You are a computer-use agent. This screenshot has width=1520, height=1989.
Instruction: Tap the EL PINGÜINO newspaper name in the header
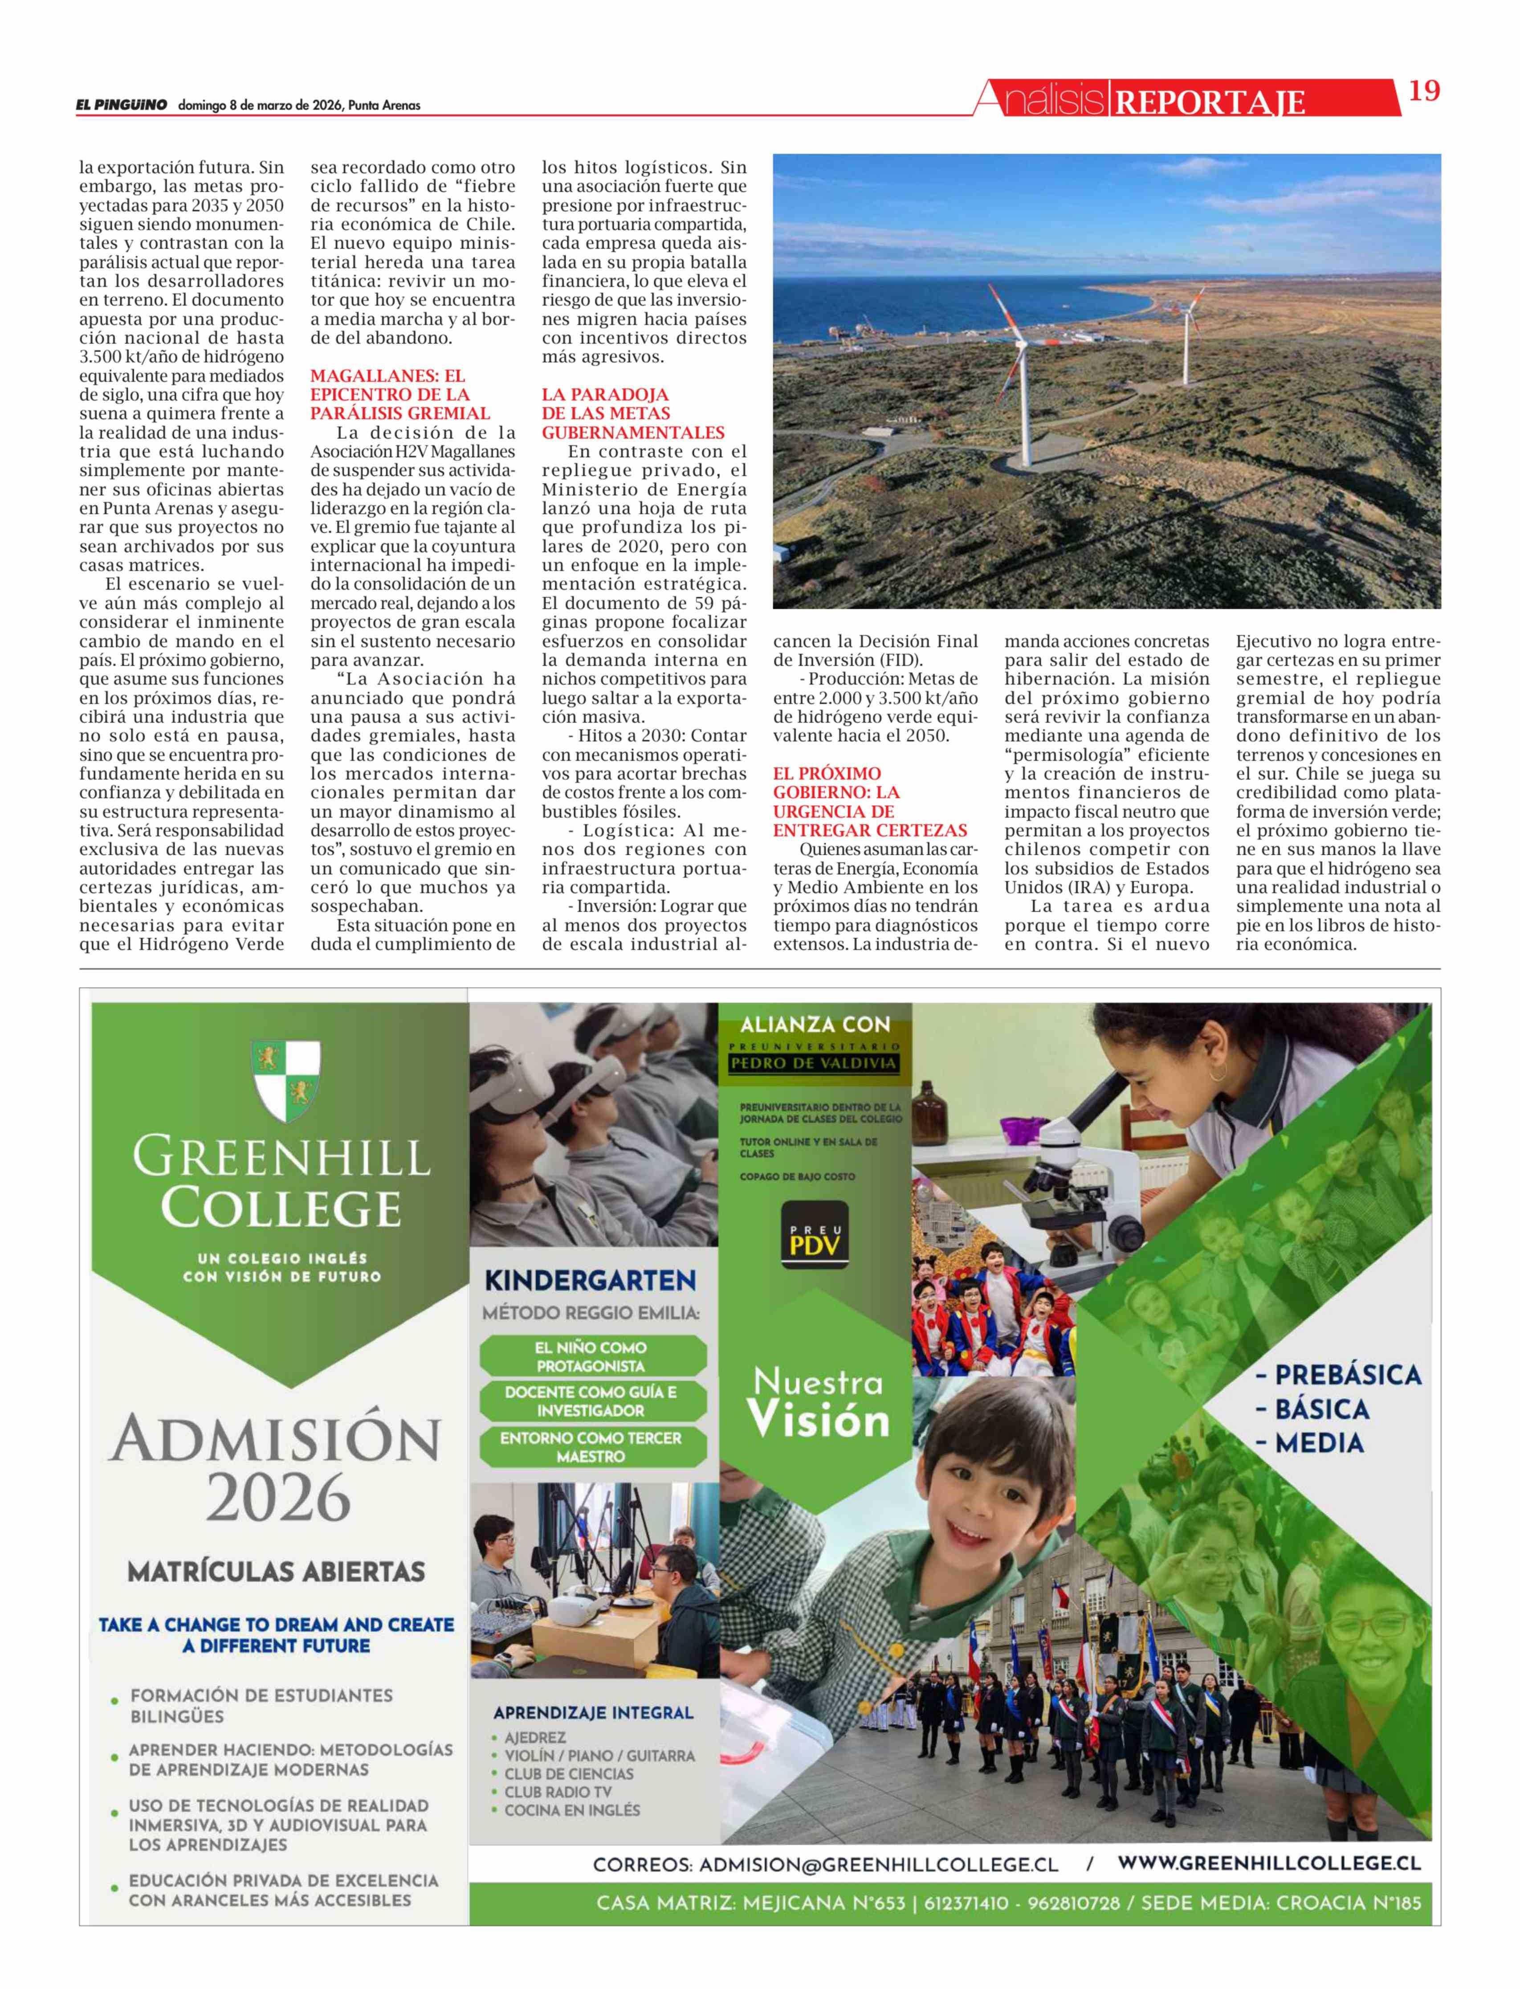coord(121,105)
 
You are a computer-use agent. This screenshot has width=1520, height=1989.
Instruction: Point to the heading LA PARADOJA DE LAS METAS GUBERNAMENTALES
coord(633,413)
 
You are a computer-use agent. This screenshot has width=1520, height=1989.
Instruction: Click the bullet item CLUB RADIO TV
coord(557,1792)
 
